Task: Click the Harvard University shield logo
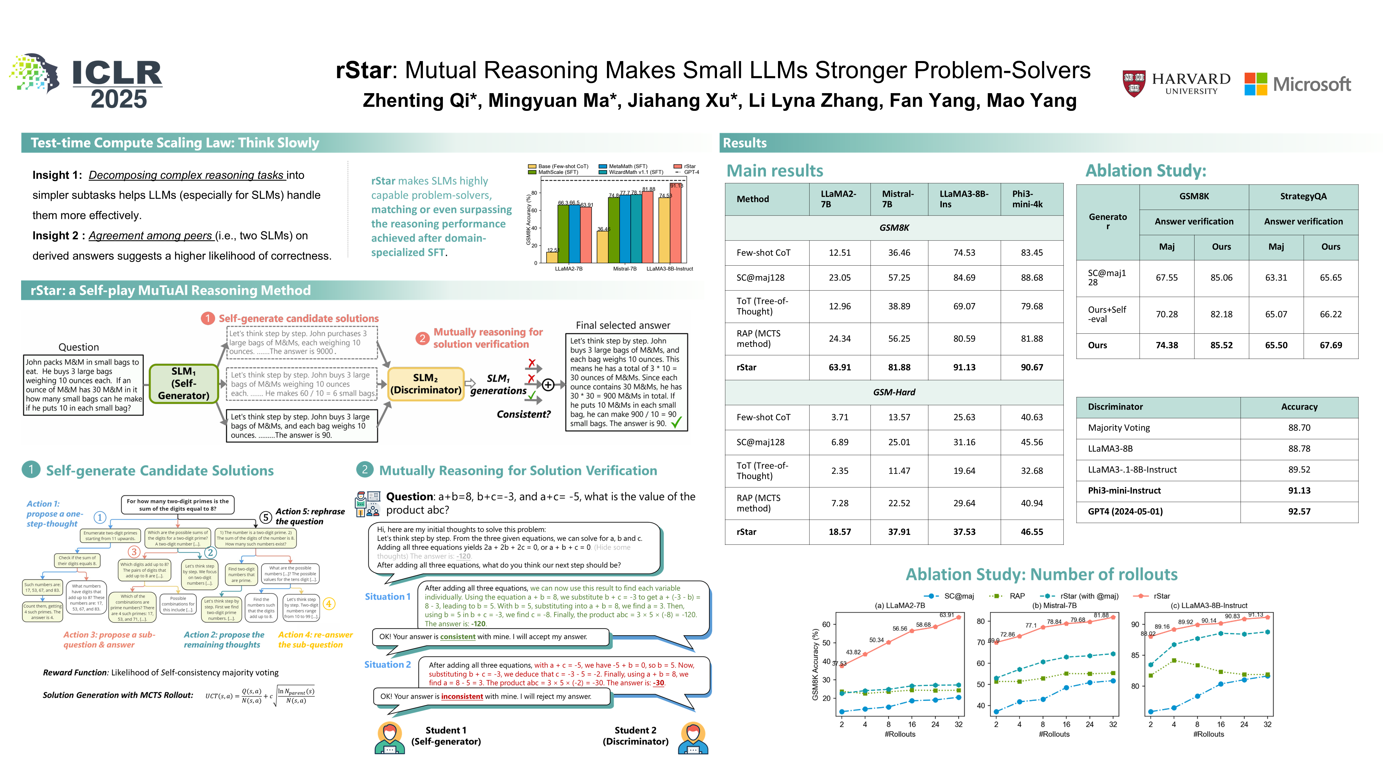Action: pyautogui.click(x=1134, y=83)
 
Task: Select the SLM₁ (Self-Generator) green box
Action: pyautogui.click(x=184, y=383)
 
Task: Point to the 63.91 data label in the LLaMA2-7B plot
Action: pyautogui.click(x=947, y=615)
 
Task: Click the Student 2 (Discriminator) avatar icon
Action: pyautogui.click(x=693, y=738)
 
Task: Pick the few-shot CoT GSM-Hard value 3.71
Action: pyautogui.click(x=840, y=417)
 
